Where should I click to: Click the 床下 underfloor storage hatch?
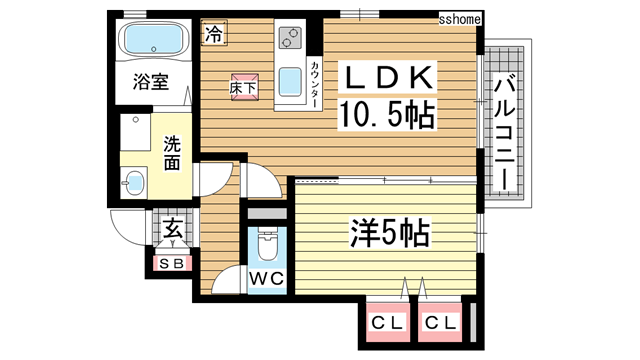coord(244,86)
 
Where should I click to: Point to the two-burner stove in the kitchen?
coord(291,39)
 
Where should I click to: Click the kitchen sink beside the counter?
coord(291,80)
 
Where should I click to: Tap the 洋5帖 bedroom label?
coord(388,234)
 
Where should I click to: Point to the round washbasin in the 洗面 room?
coord(134,182)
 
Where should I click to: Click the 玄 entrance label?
coord(172,230)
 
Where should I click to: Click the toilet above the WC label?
coord(266,244)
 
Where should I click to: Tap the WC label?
coord(265,277)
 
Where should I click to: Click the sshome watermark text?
coord(461,19)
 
